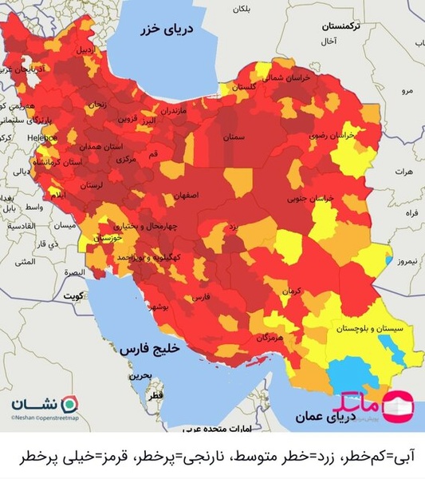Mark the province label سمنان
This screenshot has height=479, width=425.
pyautogui.click(x=234, y=137)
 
